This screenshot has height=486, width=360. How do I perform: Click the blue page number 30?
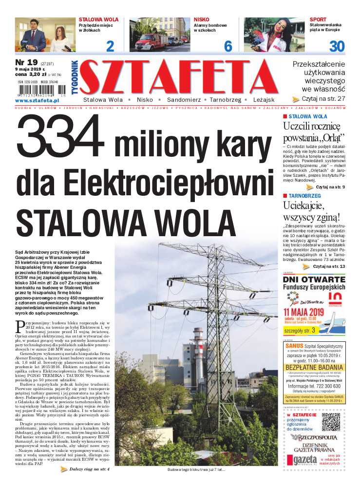[337, 46]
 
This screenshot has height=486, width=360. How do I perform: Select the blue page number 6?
[228, 46]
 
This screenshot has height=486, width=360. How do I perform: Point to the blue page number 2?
[110, 46]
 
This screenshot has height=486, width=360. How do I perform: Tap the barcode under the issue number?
[44, 91]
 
